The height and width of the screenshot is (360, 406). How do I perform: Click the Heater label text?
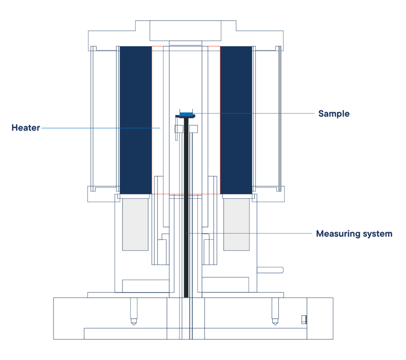tap(26, 128)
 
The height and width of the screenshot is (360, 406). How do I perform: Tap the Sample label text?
tap(334, 114)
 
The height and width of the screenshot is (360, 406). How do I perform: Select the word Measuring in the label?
tap(338, 234)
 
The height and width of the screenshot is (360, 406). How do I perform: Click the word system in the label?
tap(377, 234)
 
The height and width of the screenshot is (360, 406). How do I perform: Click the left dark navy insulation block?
tap(136, 120)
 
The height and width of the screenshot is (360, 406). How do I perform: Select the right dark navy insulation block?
tap(236, 120)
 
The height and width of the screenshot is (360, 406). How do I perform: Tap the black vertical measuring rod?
tap(186, 208)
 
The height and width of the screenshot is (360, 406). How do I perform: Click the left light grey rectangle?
tap(135, 225)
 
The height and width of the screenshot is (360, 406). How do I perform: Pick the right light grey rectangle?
tap(236, 225)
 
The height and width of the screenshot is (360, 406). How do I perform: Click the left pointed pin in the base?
tap(134, 311)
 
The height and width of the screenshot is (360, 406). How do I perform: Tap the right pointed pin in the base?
tap(275, 311)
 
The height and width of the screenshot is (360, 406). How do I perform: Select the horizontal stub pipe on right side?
tap(270, 270)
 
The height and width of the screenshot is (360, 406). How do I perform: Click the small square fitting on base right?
tap(304, 320)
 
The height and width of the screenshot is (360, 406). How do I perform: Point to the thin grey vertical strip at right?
tap(280, 119)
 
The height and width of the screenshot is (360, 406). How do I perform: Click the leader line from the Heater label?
tap(101, 128)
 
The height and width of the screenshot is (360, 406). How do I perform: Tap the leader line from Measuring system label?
tap(249, 233)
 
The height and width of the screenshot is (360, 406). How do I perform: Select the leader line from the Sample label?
tap(254, 113)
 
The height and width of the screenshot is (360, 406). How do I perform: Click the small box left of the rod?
tap(179, 129)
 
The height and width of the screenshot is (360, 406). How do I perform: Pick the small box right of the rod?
tap(193, 129)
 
